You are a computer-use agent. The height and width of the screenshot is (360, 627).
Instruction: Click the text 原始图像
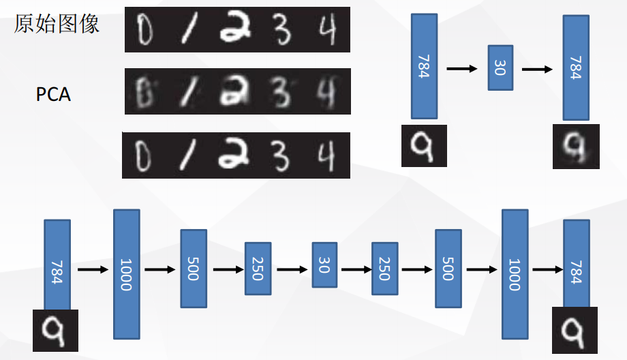[x=57, y=24]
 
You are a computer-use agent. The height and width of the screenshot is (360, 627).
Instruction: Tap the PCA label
[x=53, y=94]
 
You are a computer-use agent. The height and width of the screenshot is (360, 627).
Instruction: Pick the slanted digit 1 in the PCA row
[x=185, y=91]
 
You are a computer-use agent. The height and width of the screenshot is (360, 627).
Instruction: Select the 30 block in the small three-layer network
[x=500, y=67]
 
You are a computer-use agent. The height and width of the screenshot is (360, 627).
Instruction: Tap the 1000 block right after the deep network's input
[x=126, y=274]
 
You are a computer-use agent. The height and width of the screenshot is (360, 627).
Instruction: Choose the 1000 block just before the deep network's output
[x=515, y=273]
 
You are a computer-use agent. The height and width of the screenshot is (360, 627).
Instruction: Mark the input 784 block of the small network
[x=423, y=67]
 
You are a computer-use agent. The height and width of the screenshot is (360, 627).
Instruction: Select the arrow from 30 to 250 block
[x=355, y=269]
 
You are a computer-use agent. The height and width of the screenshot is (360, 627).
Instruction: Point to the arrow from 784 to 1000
[x=93, y=270]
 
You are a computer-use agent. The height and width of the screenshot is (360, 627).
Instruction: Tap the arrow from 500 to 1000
[x=485, y=269]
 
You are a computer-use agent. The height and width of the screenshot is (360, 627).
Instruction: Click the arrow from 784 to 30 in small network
[x=462, y=68]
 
